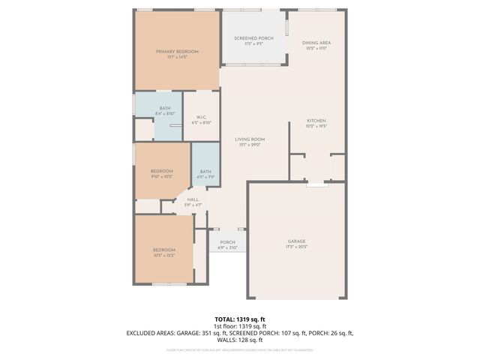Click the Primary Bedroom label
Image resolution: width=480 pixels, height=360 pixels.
coord(177,51)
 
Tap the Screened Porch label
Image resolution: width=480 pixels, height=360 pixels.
coord(253,38)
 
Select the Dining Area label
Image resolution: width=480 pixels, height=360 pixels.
coord(316,43)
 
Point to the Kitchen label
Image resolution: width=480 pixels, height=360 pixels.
coord(316,120)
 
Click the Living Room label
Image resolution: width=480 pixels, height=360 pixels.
coord(250,139)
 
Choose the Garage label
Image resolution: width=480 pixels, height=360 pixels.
coord(296,241)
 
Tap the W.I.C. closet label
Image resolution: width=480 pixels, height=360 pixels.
coord(202,117)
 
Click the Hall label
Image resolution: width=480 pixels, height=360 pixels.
coord(193,199)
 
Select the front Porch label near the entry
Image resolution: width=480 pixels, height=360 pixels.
coord(227,242)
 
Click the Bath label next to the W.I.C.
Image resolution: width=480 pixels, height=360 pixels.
coord(164,108)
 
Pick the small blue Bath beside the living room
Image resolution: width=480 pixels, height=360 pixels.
coord(205,172)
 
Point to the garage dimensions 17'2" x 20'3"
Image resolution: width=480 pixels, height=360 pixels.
coord(296,247)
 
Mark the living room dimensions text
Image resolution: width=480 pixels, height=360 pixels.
coord(250,145)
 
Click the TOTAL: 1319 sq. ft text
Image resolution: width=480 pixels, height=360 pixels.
coord(240,319)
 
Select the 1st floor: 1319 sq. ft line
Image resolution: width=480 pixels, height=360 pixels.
coord(240,326)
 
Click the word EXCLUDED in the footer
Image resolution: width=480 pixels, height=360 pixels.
coord(142,332)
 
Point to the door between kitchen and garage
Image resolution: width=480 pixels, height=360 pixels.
coord(317,181)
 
